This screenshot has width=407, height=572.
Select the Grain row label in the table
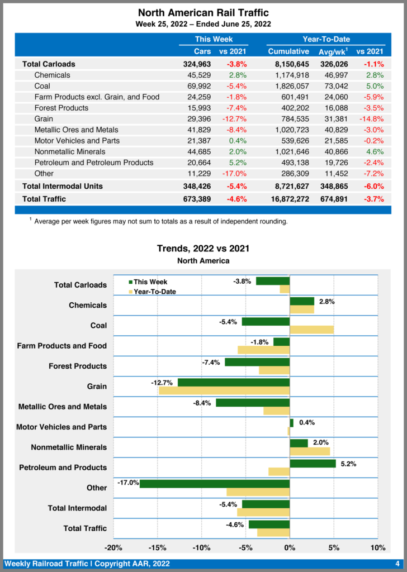[x=44, y=118]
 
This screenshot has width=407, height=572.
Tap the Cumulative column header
[x=288, y=51]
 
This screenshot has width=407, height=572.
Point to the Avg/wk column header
[x=333, y=51]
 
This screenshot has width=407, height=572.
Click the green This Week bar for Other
[x=215, y=484]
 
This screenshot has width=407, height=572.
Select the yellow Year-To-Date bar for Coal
[x=311, y=330]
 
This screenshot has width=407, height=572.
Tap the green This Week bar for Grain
[x=234, y=383]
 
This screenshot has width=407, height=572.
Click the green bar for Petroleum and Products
[x=313, y=464]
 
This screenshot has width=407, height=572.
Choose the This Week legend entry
[x=148, y=282]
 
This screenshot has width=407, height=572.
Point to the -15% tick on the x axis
[x=157, y=547]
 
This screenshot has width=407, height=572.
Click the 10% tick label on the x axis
[x=378, y=547]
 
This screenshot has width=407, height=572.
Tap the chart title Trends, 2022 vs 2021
[x=203, y=249]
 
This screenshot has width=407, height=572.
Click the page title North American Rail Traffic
[x=203, y=13]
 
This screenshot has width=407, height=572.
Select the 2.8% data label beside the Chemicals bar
[x=327, y=302]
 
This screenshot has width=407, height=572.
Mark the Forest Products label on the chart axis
[x=78, y=366]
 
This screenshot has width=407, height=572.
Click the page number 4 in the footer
[x=397, y=564]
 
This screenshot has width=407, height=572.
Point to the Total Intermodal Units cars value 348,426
[x=195, y=185]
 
